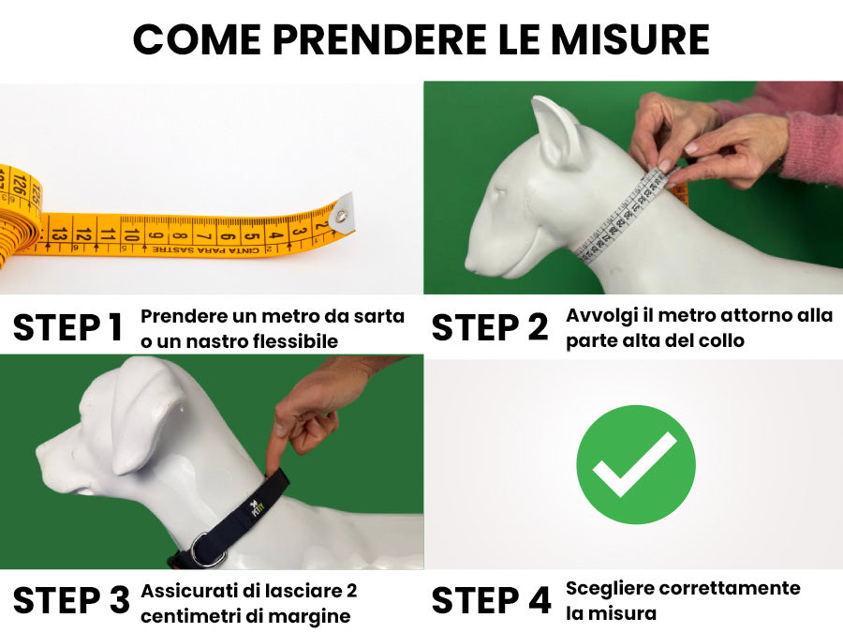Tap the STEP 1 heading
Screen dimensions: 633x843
click(x=67, y=328)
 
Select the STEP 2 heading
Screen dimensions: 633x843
click(x=490, y=328)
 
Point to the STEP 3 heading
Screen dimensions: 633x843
click(x=70, y=601)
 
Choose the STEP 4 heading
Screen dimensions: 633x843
click(x=491, y=601)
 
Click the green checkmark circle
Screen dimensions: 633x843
click(x=635, y=464)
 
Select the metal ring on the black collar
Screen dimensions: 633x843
click(x=208, y=550)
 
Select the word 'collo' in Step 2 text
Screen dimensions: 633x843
click(x=719, y=340)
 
